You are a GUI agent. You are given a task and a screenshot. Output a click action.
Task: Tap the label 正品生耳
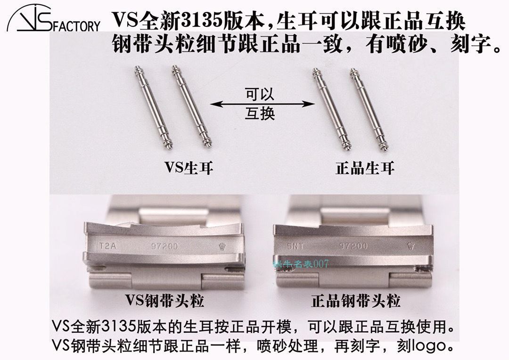click(365, 168)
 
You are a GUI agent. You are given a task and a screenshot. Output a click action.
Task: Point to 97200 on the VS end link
click(161, 246)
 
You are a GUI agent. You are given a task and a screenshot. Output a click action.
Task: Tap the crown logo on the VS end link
click(222, 246)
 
